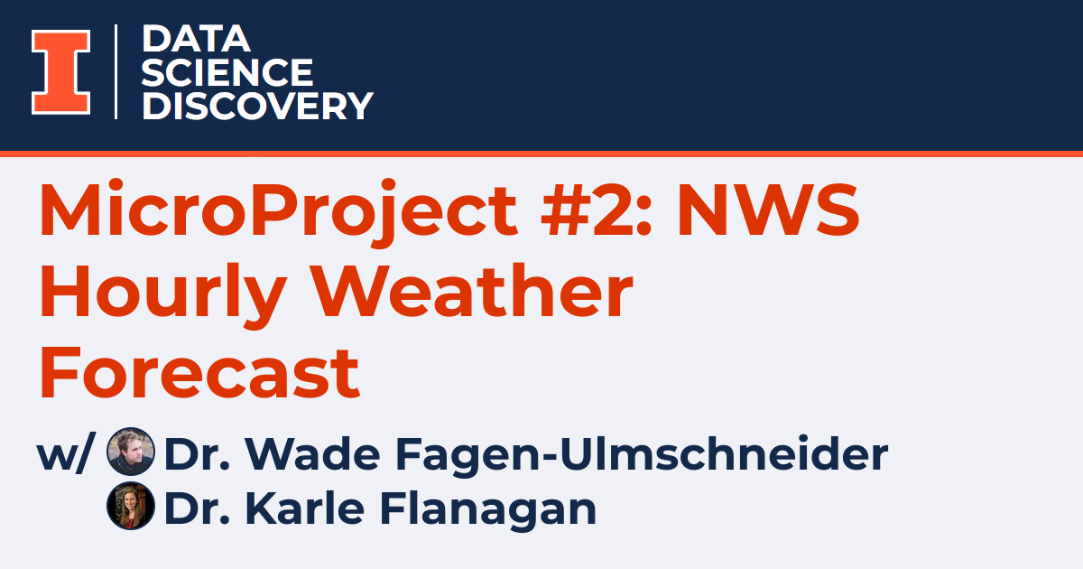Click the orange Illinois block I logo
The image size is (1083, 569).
coord(60,72)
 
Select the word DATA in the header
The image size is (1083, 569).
coord(196,39)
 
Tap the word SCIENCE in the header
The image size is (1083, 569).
coord(227,72)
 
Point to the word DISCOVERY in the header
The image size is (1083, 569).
coord(257,106)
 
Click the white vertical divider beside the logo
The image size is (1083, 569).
coord(116,72)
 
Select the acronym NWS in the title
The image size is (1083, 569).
coord(769,210)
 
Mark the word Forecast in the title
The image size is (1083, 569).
coord(199,374)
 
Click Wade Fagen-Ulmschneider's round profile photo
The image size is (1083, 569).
coord(131,452)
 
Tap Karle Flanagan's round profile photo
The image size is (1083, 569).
coord(131,506)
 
